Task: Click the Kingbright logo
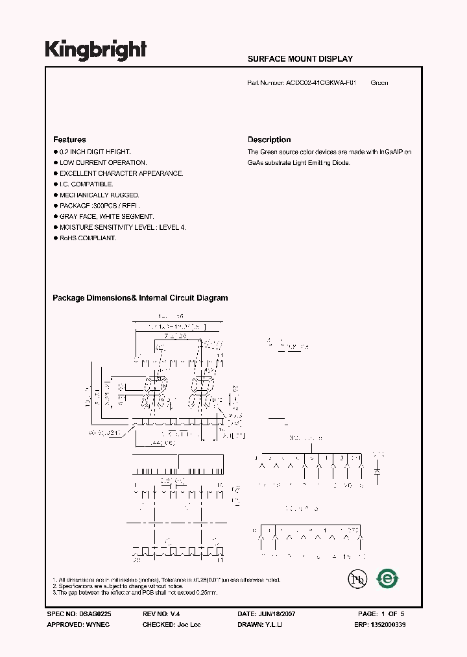(95, 51)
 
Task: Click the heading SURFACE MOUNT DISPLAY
(300, 59)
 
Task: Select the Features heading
(69, 140)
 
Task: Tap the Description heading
(269, 140)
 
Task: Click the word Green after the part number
(379, 83)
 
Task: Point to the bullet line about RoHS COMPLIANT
(88, 238)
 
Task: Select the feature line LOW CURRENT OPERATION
(103, 163)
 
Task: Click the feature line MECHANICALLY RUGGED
(99, 195)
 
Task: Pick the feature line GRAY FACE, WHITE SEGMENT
(106, 217)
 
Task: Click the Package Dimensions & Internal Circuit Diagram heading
(140, 299)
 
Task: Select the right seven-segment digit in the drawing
(202, 389)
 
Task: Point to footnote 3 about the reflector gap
(135, 593)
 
